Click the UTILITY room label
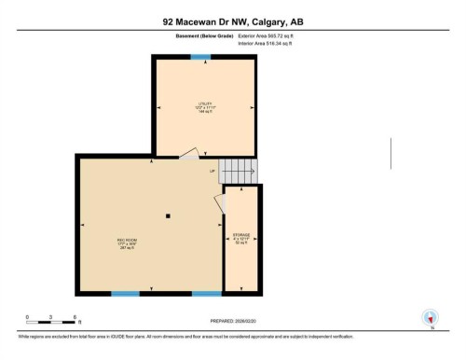(x=206, y=104)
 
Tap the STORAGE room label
(x=241, y=238)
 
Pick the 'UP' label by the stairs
(x=212, y=171)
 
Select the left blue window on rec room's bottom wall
(x=125, y=294)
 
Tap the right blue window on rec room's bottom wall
(x=206, y=294)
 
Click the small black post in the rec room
(x=167, y=216)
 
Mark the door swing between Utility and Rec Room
(x=189, y=155)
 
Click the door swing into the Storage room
(x=220, y=202)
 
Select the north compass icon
(x=430, y=317)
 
